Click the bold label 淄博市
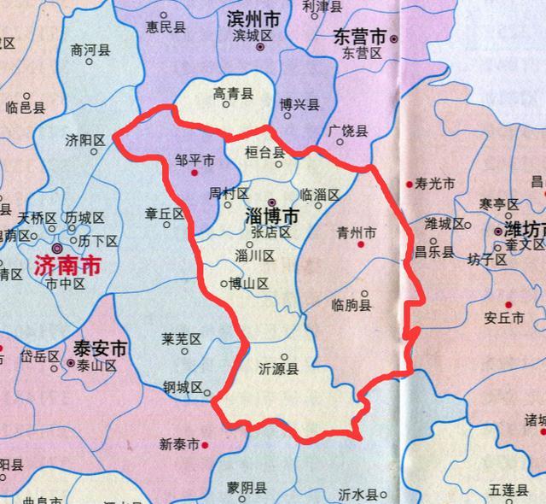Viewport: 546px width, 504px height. [272, 218]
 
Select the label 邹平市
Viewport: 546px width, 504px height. [195, 160]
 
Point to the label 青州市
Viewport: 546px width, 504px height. [357, 232]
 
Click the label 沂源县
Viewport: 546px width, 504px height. [279, 370]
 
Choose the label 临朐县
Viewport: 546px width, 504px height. [353, 305]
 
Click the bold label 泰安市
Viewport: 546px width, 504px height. [100, 349]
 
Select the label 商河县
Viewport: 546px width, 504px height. [91, 50]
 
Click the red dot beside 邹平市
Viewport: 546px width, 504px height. [195, 173]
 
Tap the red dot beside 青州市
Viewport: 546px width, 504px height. [360, 245]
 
